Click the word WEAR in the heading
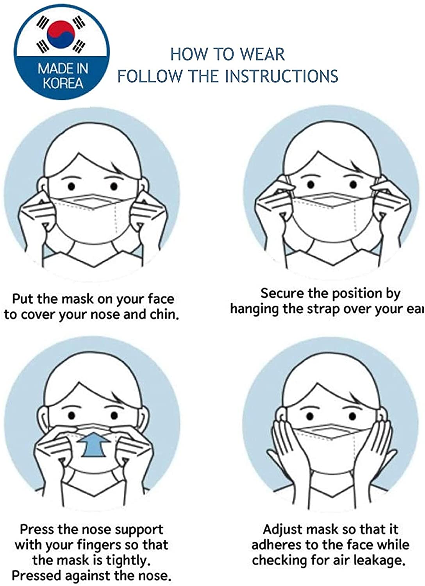click(x=262, y=54)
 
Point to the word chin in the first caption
click(x=164, y=314)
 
